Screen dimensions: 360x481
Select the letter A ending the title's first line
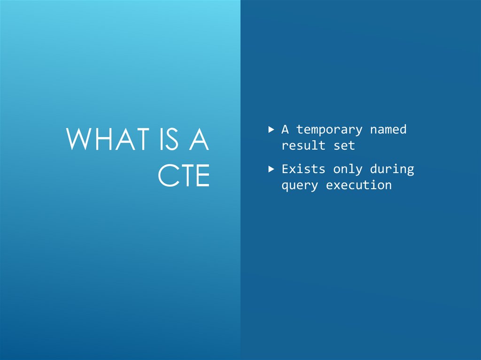[x=198, y=139]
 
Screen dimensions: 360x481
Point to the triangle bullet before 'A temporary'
[x=271, y=129]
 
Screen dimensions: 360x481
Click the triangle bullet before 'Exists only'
[x=271, y=169]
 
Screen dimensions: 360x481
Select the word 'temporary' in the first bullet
[x=329, y=130]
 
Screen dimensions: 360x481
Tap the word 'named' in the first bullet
[x=388, y=129]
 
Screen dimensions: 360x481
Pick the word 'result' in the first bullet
[x=303, y=146]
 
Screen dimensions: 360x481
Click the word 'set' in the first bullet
[x=344, y=146]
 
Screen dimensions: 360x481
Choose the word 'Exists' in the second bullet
[x=303, y=169]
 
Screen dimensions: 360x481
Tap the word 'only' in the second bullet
[x=348, y=169]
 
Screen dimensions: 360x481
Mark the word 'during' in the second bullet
[x=392, y=169]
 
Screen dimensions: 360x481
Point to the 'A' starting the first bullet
[x=285, y=129]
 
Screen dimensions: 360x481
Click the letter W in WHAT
[x=79, y=139]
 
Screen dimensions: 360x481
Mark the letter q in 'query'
[x=285, y=186]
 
